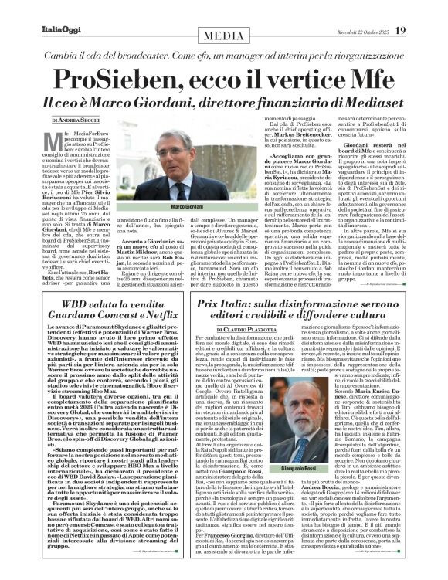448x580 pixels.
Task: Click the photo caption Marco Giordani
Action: tap(185, 186)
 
